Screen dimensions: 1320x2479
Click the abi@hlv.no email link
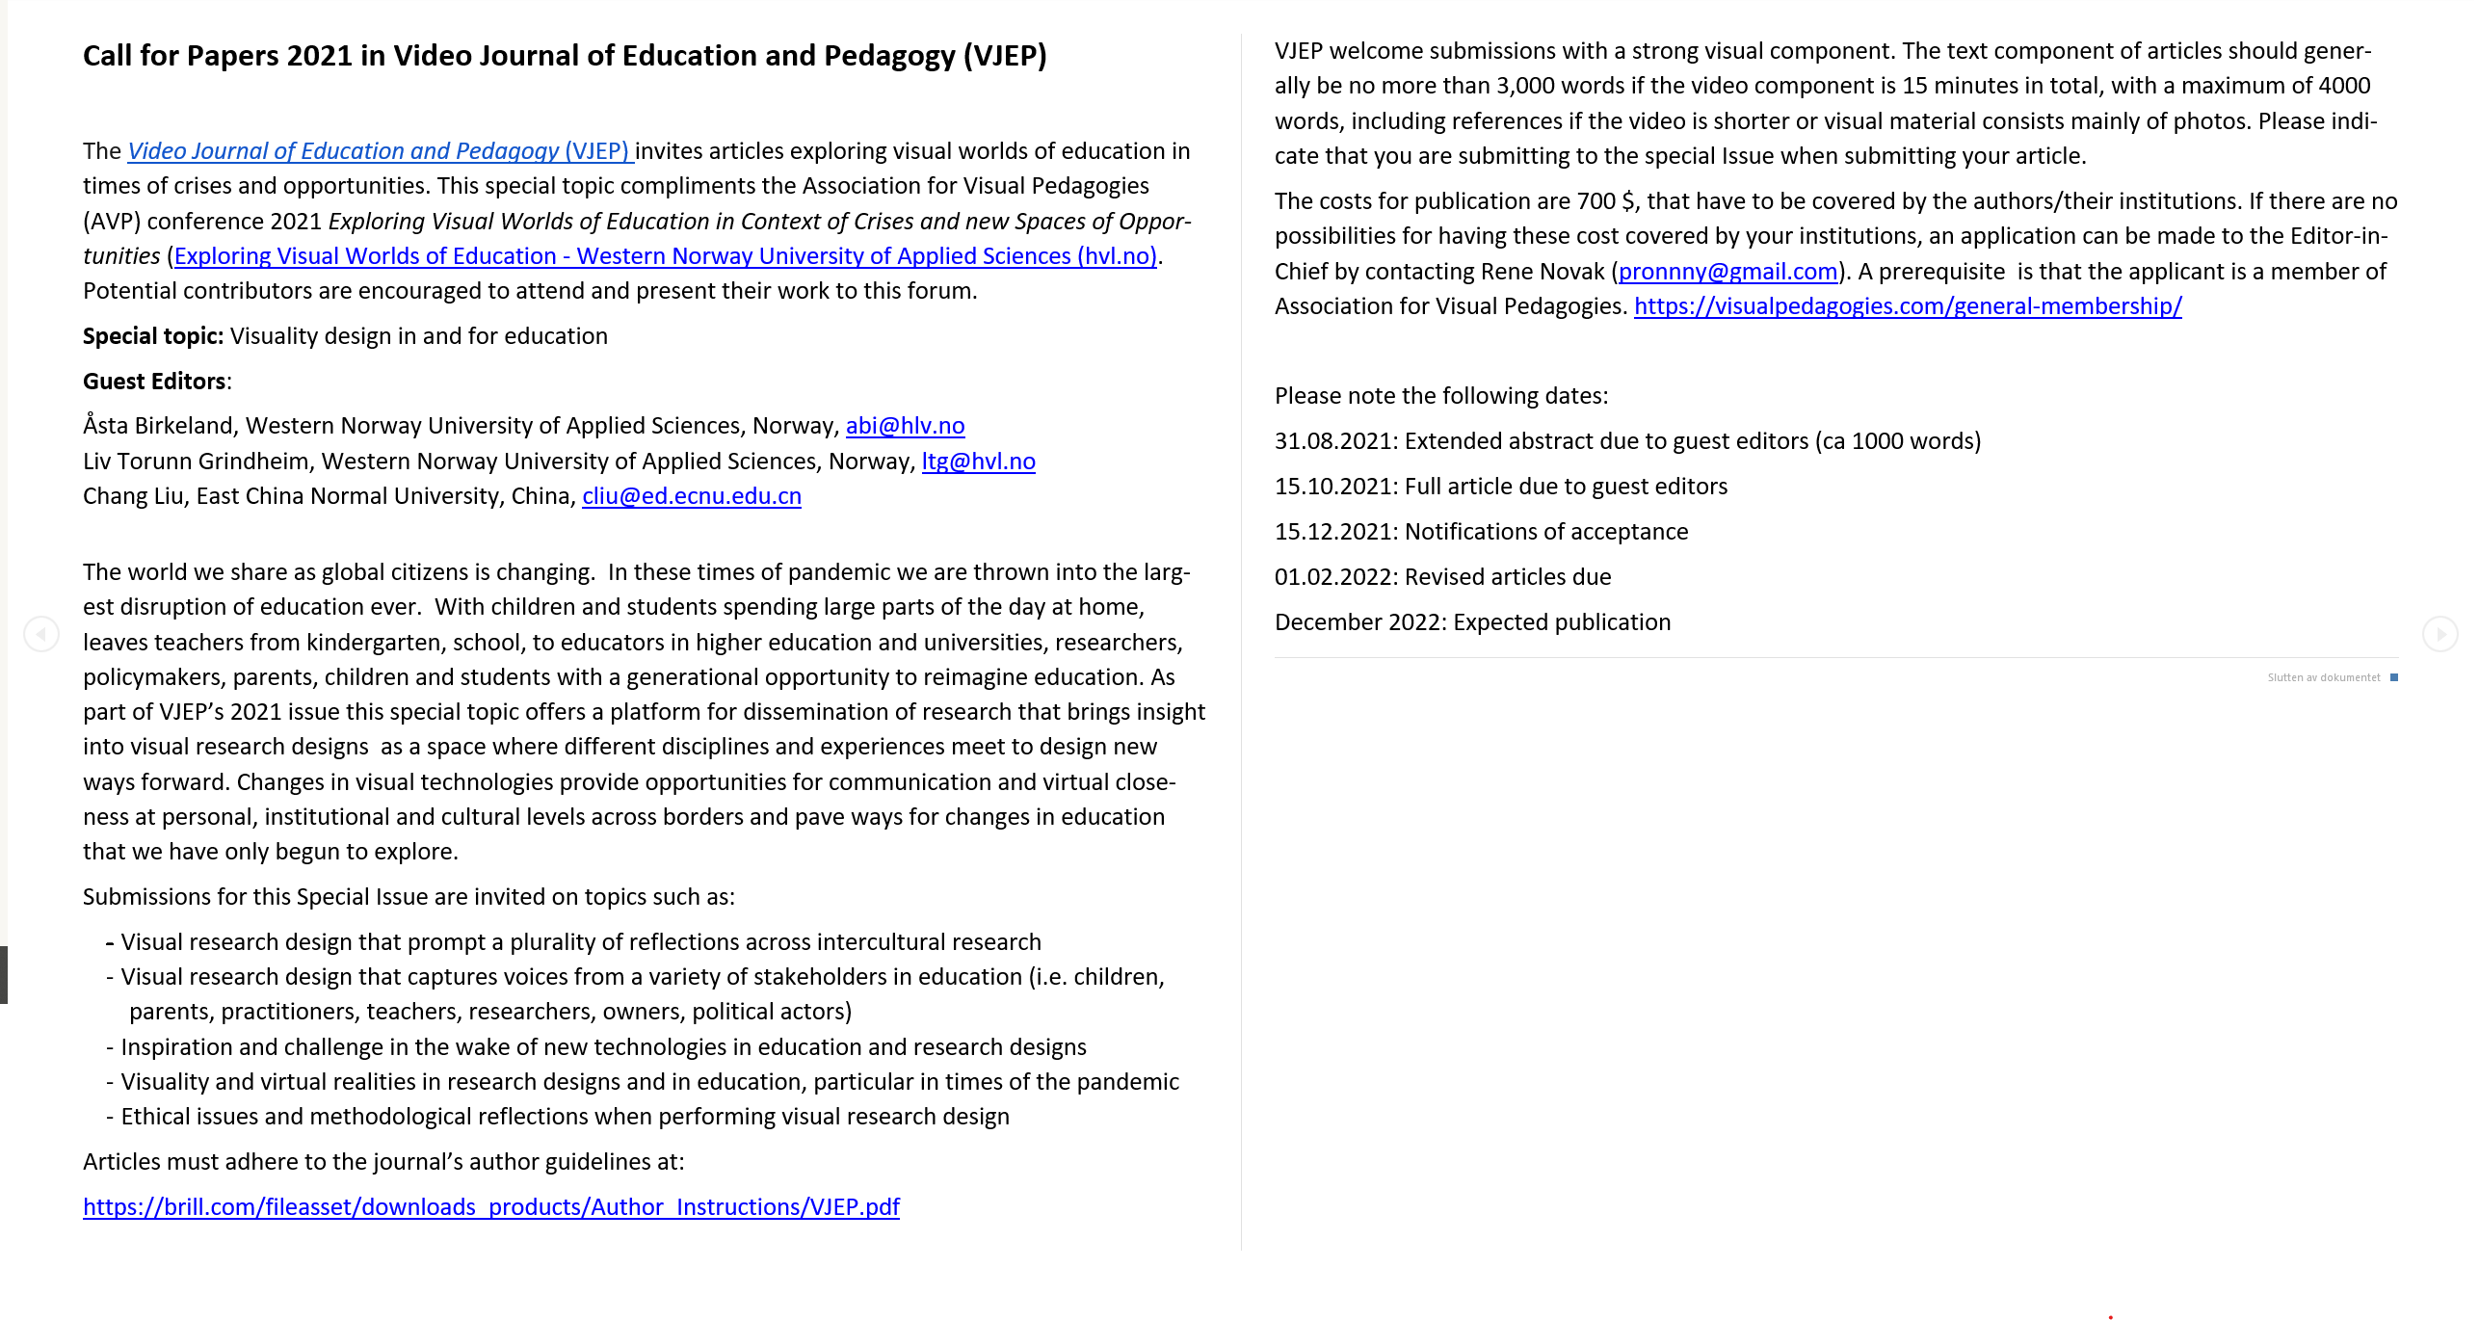pos(905,426)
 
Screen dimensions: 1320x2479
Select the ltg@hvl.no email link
pos(978,462)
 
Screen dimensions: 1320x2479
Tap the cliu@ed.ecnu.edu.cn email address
pos(691,496)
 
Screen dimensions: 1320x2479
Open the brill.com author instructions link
pos(490,1207)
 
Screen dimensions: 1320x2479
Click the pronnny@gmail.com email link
pos(1727,272)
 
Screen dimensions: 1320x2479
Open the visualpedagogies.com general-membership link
pos(1907,306)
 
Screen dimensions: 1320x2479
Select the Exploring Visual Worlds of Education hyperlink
pos(665,256)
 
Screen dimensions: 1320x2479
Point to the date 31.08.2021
pos(1333,441)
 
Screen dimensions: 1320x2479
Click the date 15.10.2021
pos(1333,487)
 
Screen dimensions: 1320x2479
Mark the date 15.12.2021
pos(1333,532)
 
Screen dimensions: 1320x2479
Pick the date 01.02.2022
pos(1333,577)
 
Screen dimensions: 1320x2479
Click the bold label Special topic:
pos(153,336)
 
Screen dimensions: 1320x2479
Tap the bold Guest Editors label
pos(155,382)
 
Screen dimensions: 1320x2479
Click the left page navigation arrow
pos(41,634)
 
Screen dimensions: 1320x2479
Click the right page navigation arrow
pos(2439,634)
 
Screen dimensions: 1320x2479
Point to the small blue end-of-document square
pos(2394,677)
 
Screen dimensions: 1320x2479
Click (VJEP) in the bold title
pos(1005,56)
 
